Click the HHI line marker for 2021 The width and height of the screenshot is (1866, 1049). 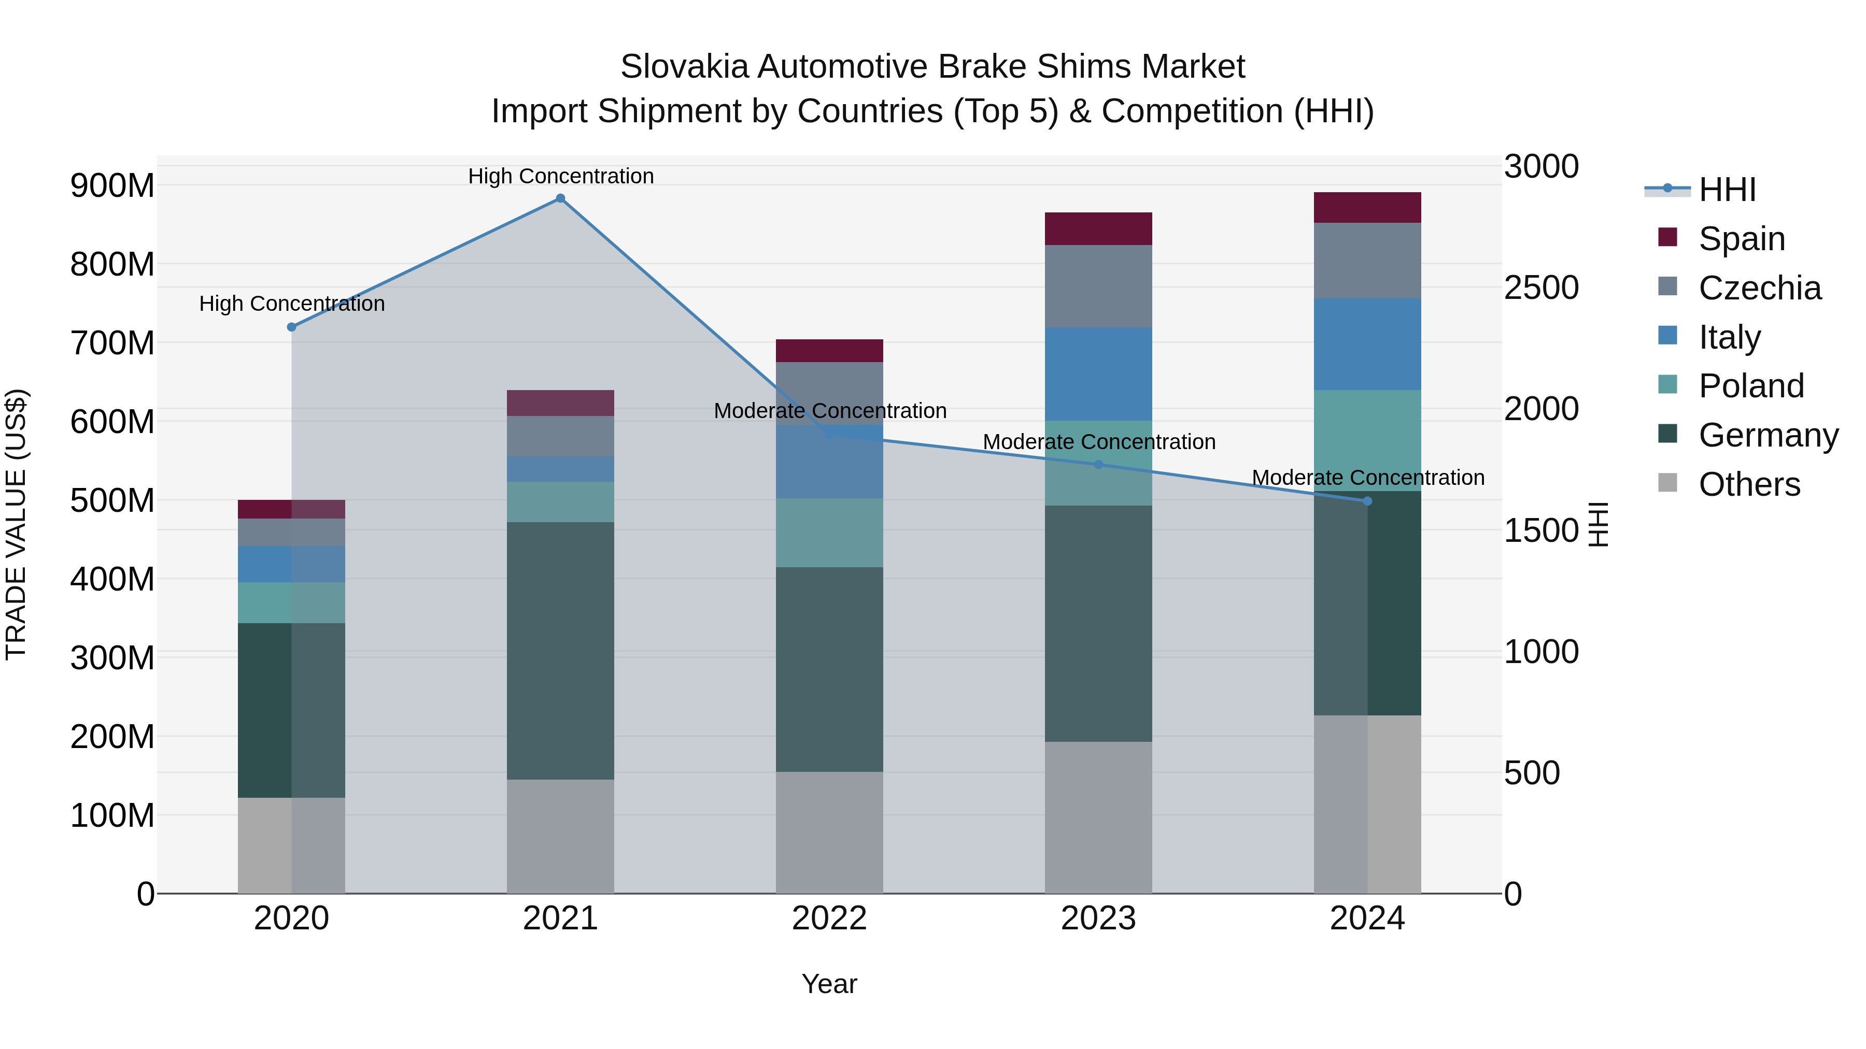[560, 198]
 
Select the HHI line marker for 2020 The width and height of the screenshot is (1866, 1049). [291, 327]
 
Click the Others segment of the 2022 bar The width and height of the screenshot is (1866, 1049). [829, 832]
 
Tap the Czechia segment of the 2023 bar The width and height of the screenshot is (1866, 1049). [1098, 286]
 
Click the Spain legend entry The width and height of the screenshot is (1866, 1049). [1742, 238]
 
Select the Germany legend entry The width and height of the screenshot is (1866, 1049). [1768, 435]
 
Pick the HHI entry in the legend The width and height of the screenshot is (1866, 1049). [1727, 190]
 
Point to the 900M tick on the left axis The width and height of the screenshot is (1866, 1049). [112, 186]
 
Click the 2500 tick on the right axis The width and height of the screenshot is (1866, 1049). [1542, 288]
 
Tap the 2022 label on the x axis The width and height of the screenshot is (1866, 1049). [829, 918]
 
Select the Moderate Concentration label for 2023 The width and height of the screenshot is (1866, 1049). [1099, 441]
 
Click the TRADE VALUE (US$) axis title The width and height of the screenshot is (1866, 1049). [16, 524]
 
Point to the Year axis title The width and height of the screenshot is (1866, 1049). [829, 984]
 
